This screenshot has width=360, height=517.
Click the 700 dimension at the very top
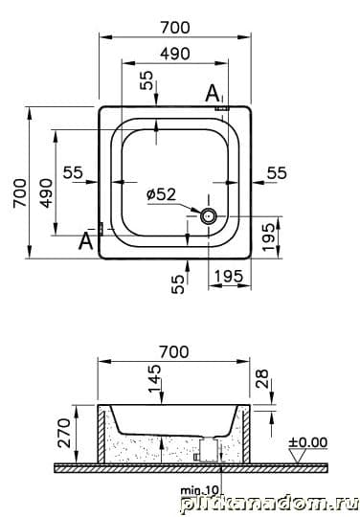175,28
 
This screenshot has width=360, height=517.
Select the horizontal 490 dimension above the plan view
175,54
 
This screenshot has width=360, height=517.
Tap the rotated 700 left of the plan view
20,192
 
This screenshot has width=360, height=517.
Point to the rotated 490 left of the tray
46,192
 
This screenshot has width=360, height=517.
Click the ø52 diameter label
161,194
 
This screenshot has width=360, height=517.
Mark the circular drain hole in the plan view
209,216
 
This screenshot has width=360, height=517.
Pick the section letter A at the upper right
212,93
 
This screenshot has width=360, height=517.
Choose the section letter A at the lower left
86,241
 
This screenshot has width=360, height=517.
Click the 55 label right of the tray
277,173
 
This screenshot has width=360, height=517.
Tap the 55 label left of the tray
73,172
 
